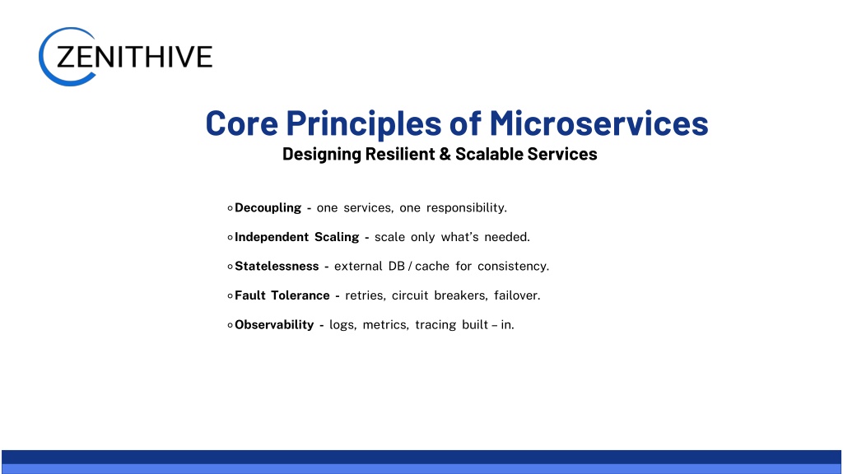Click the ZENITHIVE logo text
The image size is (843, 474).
134,57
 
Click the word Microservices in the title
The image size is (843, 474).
598,123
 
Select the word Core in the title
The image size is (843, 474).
242,123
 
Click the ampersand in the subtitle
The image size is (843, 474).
445,154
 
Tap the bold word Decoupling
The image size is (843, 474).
268,208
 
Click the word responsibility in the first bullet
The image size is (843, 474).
466,208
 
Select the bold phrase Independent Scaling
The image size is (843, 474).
296,237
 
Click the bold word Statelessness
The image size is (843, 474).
277,266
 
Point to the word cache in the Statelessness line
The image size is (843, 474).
432,266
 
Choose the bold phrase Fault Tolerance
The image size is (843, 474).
282,295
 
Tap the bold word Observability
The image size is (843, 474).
274,324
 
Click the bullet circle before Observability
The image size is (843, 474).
231,325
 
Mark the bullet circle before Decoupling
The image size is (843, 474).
231,208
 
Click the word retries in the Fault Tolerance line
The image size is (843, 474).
365,295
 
